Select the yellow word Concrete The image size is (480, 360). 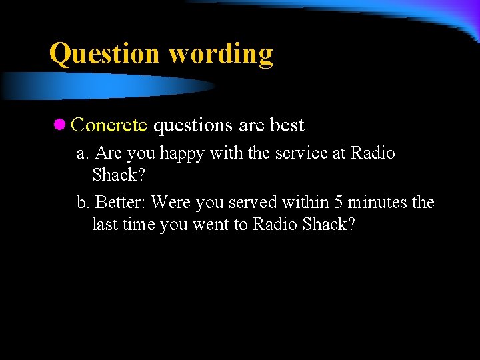[109, 125]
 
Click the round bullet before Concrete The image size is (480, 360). [59, 125]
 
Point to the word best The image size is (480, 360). [287, 125]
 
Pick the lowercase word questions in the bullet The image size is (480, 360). [193, 126]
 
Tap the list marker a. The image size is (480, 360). [83, 153]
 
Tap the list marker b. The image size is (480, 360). [83, 202]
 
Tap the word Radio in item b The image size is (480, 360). [275, 225]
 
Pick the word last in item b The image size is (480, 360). [105, 225]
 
